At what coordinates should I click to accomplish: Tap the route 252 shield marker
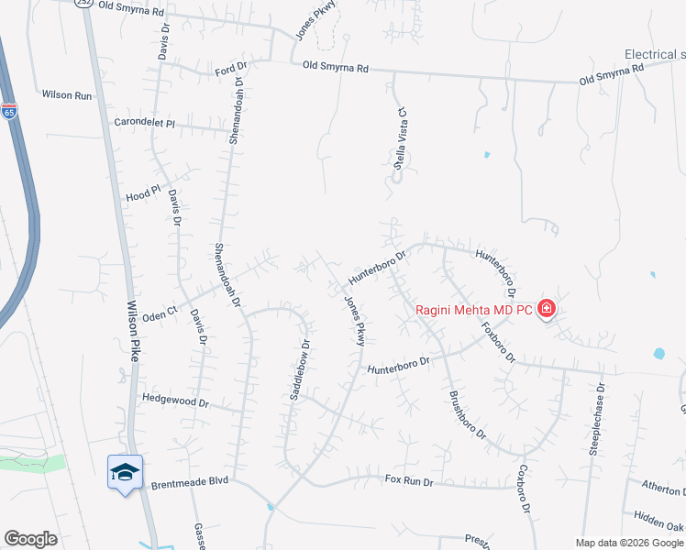(85, 3)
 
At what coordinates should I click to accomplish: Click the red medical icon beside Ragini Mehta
(547, 309)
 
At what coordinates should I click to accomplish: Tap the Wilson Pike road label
(132, 331)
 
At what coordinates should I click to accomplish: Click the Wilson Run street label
(67, 94)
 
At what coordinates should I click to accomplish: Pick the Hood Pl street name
(142, 194)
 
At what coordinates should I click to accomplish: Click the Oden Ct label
(160, 314)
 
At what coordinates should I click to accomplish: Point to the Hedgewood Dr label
(176, 401)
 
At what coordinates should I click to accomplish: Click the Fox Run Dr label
(408, 479)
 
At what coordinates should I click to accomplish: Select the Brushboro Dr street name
(467, 415)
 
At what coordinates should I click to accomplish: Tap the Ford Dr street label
(231, 67)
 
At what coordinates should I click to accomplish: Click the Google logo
(30, 539)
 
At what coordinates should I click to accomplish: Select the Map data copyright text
(629, 543)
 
